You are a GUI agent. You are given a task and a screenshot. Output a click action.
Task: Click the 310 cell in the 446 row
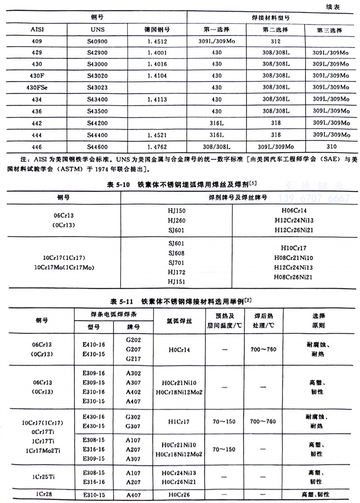pyautogui.click(x=332, y=146)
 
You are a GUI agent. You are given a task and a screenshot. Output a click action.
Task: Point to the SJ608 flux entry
pyautogui.click(x=176, y=253)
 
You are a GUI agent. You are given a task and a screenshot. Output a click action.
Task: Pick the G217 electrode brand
pyautogui.click(x=135, y=359)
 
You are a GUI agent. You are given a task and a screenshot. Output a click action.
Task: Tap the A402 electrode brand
pyautogui.click(x=135, y=392)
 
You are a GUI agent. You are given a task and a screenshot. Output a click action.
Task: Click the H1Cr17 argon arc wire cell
pyautogui.click(x=179, y=421)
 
